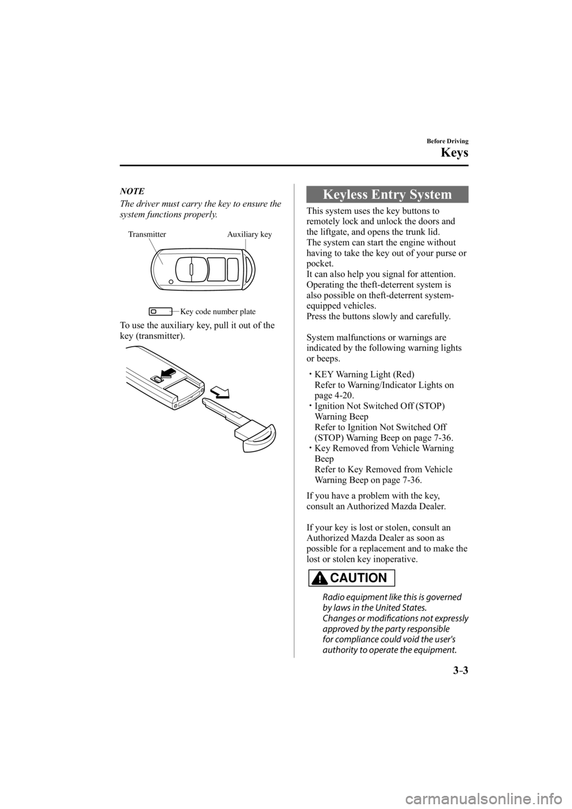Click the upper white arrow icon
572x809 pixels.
(x=168, y=374)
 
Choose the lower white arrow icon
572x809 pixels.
(x=219, y=391)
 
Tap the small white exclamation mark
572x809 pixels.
(x=320, y=579)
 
